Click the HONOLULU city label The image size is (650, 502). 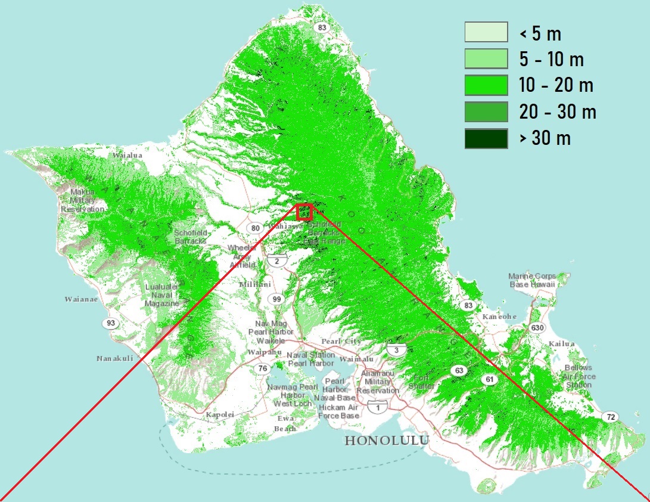[x=387, y=441]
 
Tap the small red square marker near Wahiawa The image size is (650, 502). [x=304, y=212]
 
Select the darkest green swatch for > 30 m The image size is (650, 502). [x=486, y=138]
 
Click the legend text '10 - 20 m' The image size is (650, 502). [x=556, y=85]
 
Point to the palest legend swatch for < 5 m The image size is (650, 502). [x=486, y=33]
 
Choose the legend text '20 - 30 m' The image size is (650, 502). [x=557, y=111]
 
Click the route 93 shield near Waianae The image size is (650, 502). [x=111, y=323]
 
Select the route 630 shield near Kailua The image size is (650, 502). [x=538, y=328]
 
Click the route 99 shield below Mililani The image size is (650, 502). [x=276, y=299]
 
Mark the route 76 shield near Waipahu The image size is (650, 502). [x=262, y=368]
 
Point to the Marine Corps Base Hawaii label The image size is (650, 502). [x=531, y=280]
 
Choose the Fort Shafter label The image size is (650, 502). [x=422, y=382]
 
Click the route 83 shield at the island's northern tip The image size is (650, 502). [x=322, y=11]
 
